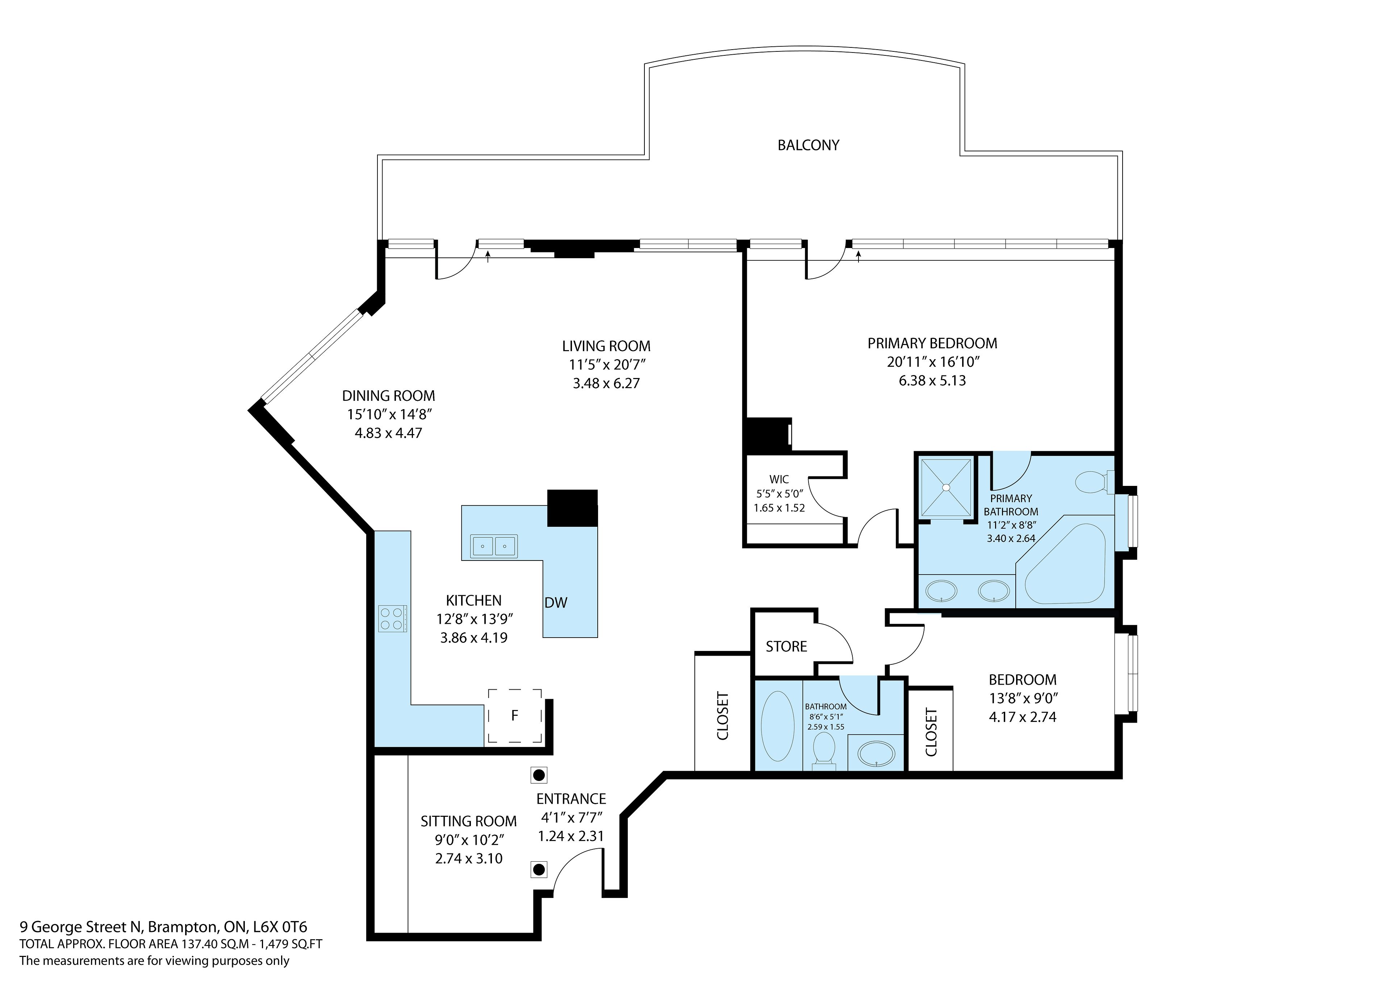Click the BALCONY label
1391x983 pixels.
[808, 145]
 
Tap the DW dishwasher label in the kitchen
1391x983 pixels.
[556, 602]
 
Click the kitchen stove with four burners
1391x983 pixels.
[392, 618]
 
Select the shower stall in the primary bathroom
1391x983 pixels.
[946, 488]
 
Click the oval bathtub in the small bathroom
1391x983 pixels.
[777, 727]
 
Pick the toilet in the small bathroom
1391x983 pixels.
[823, 751]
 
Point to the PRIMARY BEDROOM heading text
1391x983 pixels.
[932, 343]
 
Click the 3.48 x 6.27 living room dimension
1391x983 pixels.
[606, 383]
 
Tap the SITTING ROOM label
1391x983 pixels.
[468, 821]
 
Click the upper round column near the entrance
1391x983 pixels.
[539, 775]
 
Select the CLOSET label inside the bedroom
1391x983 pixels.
[931, 732]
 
